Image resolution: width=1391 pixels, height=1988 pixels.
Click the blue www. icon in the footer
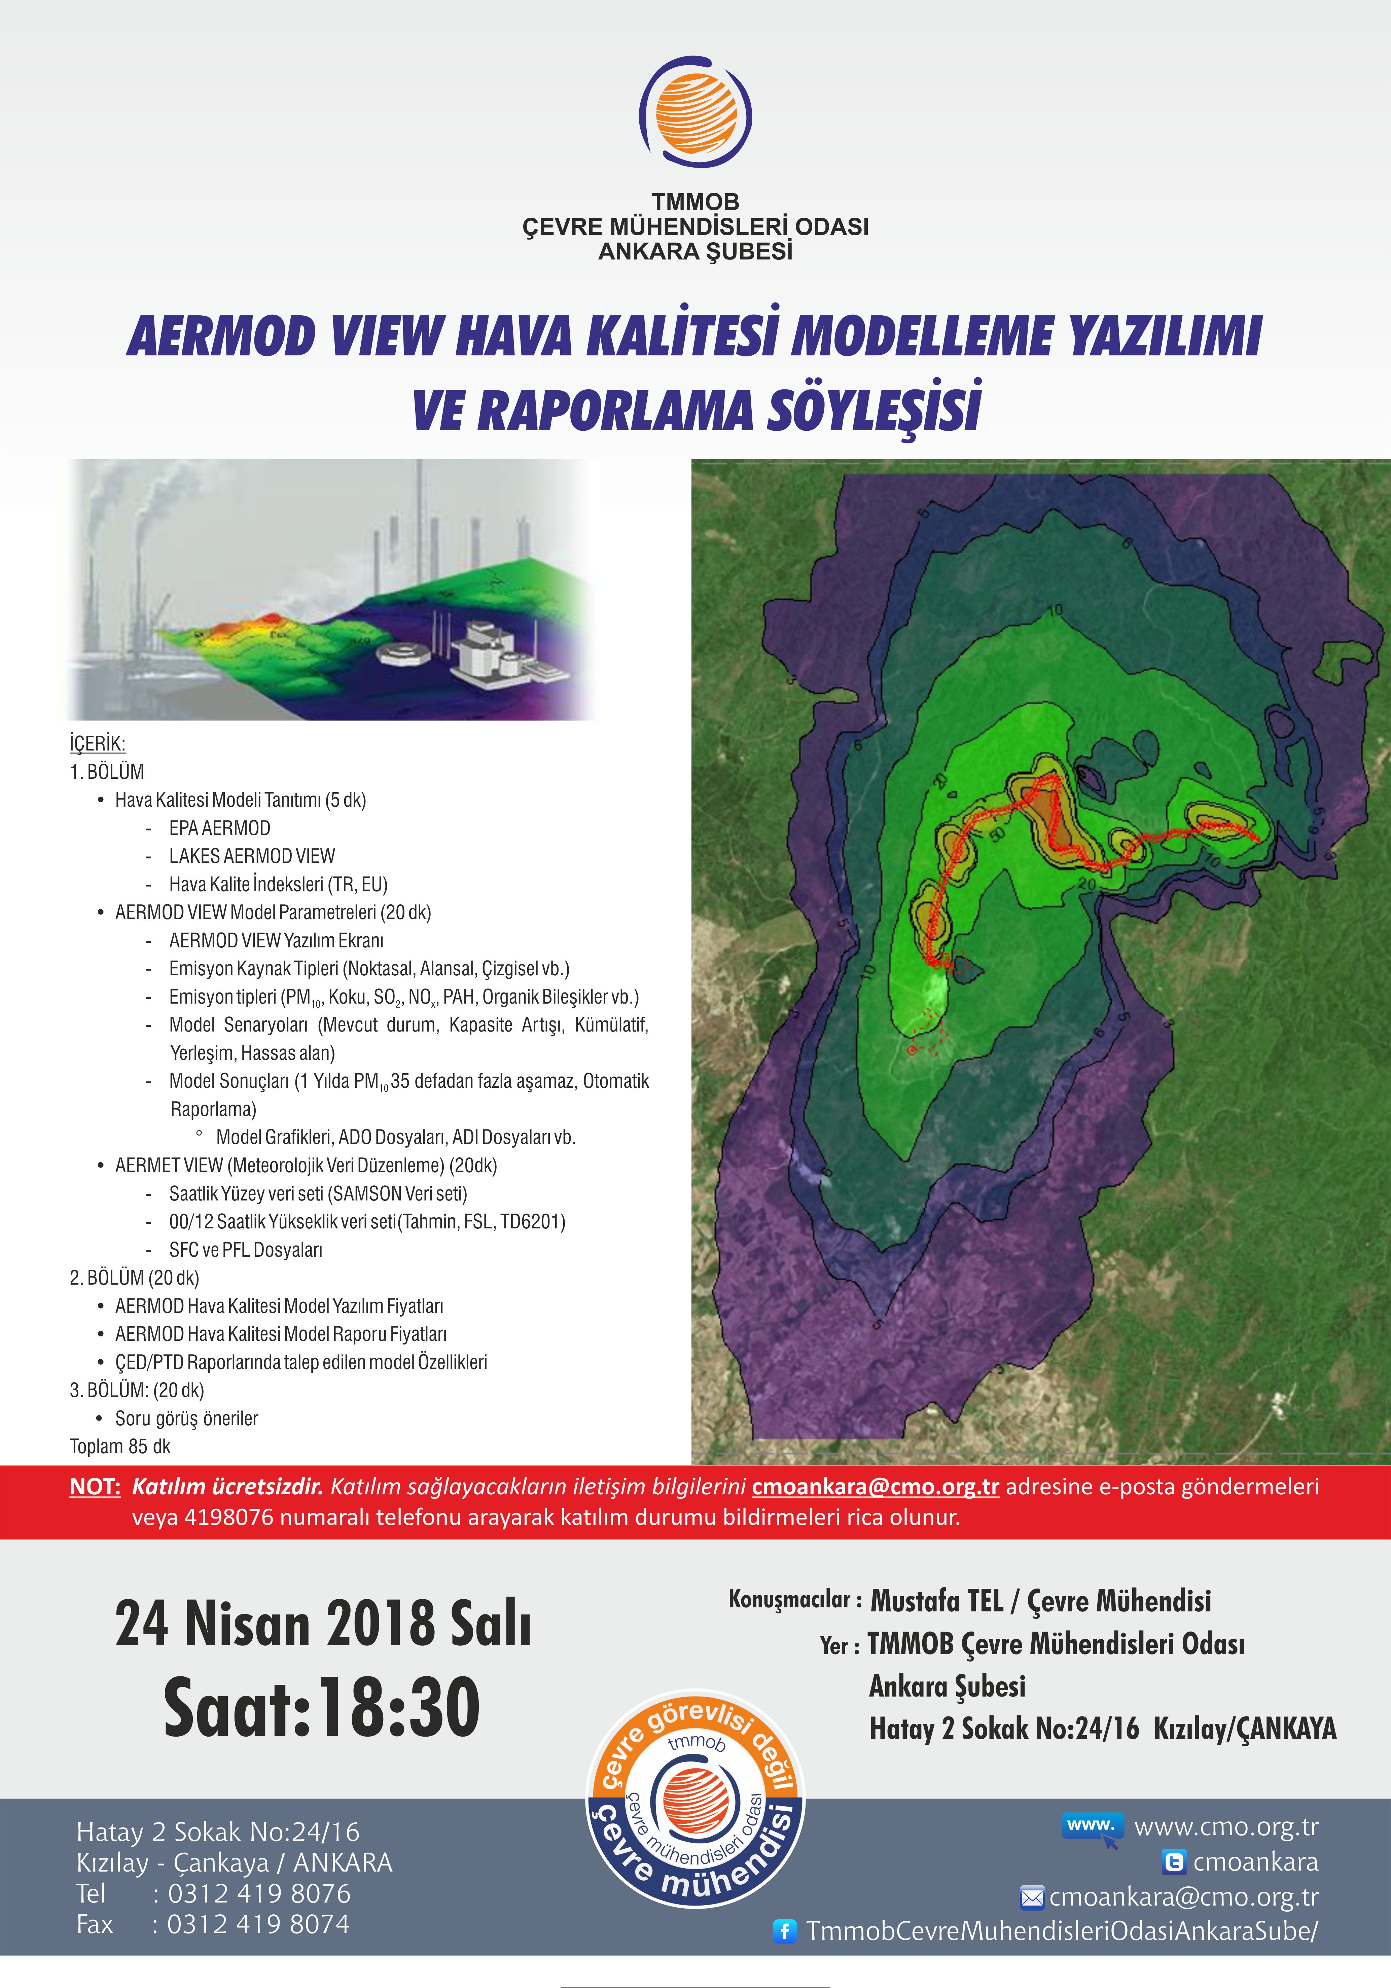pos(1092,1827)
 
